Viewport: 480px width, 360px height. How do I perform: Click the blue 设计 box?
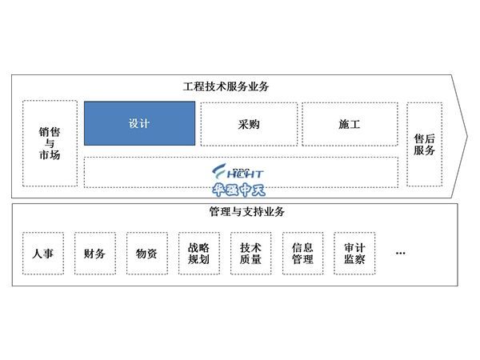pos(139,123)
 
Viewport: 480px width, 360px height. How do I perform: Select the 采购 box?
pos(249,124)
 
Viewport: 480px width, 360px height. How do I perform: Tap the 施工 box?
pos(350,124)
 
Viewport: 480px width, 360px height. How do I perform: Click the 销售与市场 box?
pos(50,143)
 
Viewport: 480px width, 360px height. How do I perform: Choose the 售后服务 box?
pos(424,145)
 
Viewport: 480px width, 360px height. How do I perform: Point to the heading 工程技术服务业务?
pos(226,86)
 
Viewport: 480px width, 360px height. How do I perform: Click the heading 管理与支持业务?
pos(247,211)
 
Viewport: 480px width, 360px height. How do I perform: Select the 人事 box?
pos(43,253)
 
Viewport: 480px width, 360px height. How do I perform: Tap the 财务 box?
pos(95,253)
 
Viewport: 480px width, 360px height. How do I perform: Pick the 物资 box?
pos(147,253)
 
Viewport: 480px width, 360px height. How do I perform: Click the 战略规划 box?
pos(199,253)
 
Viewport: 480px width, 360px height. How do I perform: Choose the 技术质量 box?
pos(250,253)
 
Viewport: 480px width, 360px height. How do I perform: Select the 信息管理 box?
pos(302,253)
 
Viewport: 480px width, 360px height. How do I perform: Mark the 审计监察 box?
pos(354,253)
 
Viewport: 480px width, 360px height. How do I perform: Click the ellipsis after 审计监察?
pos(401,253)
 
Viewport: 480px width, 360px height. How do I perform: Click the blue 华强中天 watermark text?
pos(238,190)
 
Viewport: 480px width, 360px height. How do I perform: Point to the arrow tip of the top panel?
pos(468,136)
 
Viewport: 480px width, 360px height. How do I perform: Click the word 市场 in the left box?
pos(50,154)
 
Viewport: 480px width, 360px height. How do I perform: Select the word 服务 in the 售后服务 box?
pos(424,150)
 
